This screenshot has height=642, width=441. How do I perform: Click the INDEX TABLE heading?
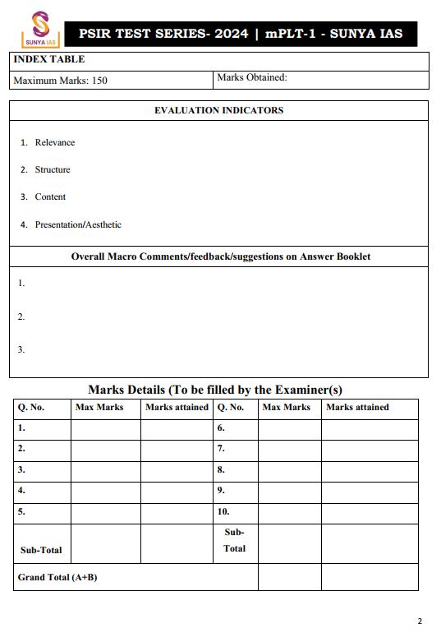point(49,60)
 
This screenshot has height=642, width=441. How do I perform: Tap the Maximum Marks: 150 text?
point(61,81)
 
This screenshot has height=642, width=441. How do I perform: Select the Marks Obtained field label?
point(251,78)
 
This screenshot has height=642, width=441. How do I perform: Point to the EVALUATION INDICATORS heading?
point(218,110)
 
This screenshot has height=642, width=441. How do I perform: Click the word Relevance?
point(54,142)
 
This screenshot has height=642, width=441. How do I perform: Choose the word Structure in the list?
point(53,169)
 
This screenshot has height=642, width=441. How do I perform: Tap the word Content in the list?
point(50,196)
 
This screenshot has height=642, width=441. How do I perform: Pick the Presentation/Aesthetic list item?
point(78,224)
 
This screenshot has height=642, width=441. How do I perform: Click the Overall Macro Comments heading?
point(220,256)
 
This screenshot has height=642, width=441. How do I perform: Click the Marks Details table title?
point(215,390)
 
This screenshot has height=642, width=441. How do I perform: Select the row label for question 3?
point(22,470)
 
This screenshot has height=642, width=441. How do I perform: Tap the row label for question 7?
point(221,450)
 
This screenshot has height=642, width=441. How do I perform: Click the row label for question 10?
point(223,511)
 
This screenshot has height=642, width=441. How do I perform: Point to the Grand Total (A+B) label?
point(57,577)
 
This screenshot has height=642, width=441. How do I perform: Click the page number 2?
point(420,621)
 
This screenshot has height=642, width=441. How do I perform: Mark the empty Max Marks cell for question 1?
point(105,428)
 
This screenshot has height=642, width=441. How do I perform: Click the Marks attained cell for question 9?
point(369,491)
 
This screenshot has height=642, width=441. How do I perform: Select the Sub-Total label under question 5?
point(41,550)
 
